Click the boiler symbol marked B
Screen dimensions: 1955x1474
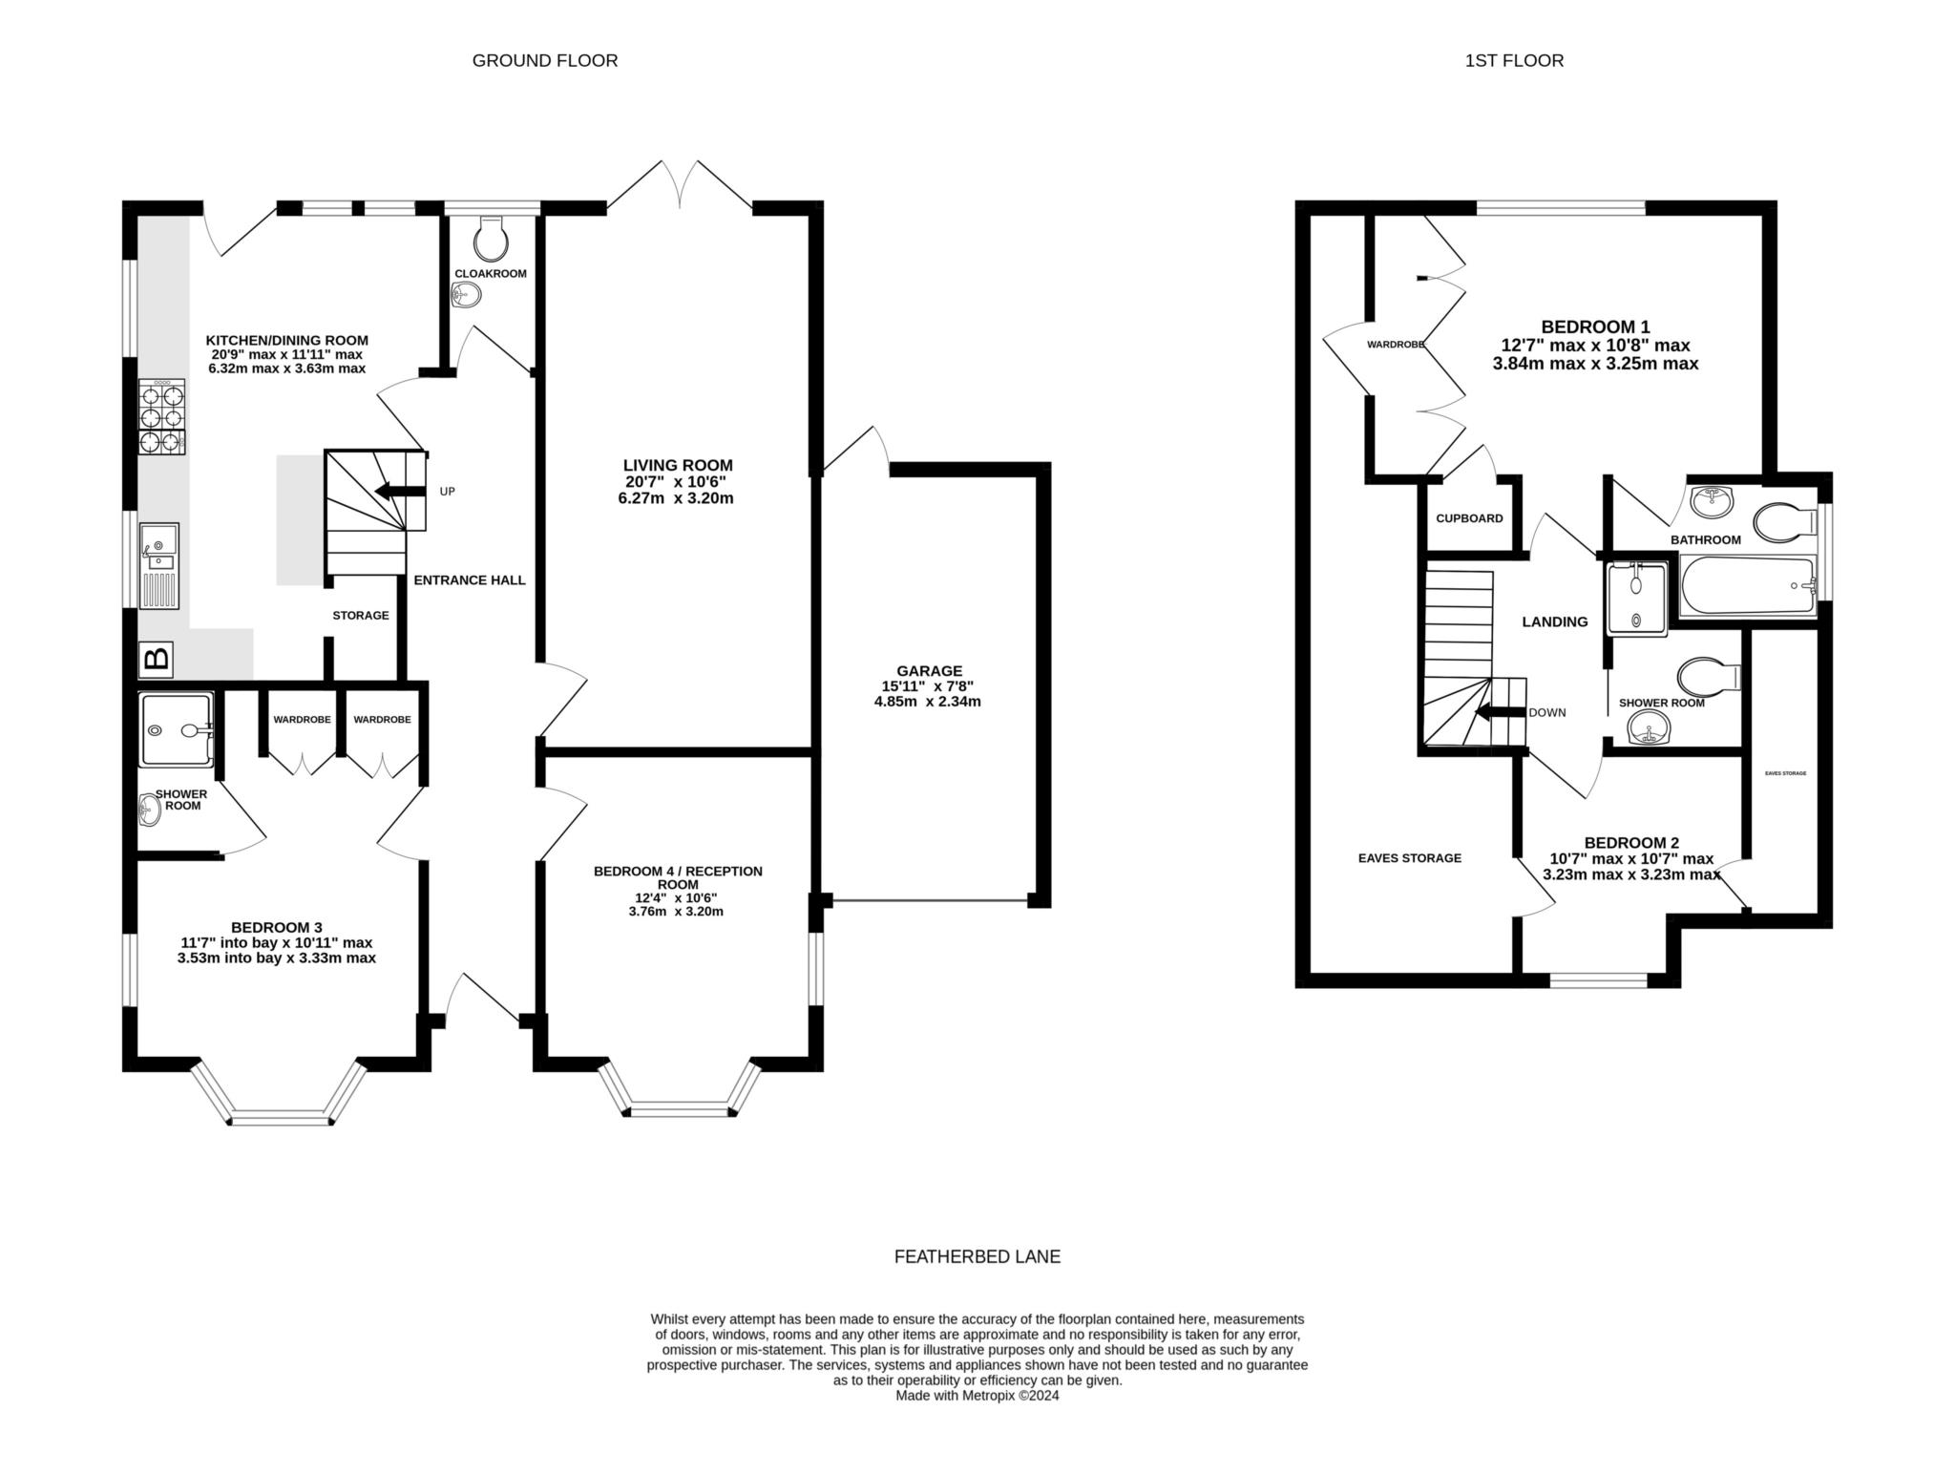[156, 658]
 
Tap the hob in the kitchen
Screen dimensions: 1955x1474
[161, 417]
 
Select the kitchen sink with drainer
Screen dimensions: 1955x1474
[158, 566]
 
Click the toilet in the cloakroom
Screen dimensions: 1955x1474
[492, 238]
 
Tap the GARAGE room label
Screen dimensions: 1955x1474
[929, 671]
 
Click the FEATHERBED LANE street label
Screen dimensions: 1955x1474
[977, 1257]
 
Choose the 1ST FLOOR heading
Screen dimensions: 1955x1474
[1514, 61]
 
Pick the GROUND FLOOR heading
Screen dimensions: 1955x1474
[545, 61]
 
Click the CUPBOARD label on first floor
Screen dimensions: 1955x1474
[1469, 518]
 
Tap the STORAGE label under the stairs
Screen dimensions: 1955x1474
[361, 616]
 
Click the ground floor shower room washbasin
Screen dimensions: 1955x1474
[148, 811]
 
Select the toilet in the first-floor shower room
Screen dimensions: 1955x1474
[1710, 676]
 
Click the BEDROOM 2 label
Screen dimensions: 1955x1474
[1631, 843]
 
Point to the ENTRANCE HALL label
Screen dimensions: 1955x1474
[470, 580]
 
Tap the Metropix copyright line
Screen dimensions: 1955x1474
[977, 1396]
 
